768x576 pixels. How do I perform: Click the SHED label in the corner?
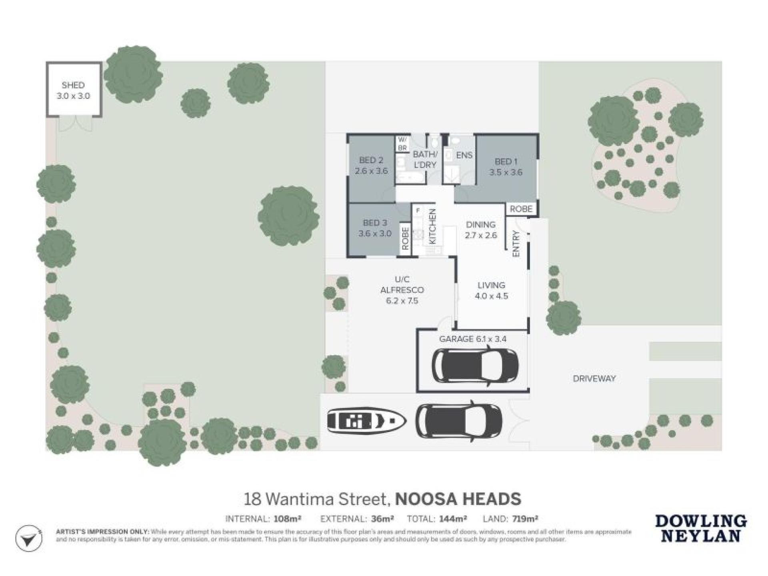click(x=73, y=85)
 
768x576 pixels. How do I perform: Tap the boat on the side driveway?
click(x=366, y=420)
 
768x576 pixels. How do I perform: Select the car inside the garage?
click(x=475, y=365)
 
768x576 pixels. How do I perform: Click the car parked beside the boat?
click(x=458, y=420)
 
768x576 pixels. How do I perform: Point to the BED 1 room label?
click(x=506, y=162)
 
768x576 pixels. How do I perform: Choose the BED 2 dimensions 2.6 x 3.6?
click(x=371, y=171)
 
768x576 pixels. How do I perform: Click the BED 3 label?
click(x=375, y=223)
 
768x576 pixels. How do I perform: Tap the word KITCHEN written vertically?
click(x=432, y=226)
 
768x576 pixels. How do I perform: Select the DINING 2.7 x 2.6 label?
click(x=481, y=230)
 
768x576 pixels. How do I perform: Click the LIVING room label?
click(x=491, y=285)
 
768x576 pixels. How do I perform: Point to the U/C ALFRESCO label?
click(x=402, y=285)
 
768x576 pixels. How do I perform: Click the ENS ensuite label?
click(x=464, y=155)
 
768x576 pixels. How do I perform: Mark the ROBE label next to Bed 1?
click(x=521, y=209)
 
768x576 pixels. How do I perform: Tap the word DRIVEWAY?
click(x=594, y=378)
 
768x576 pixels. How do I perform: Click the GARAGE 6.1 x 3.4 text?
click(x=473, y=339)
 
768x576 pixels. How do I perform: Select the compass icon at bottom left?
click(x=28, y=539)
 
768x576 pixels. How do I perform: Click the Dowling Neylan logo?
click(x=700, y=528)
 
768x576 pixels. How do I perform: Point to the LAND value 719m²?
click(x=525, y=519)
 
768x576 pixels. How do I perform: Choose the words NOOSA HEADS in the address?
click(x=458, y=499)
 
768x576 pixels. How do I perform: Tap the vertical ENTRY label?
click(x=516, y=244)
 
